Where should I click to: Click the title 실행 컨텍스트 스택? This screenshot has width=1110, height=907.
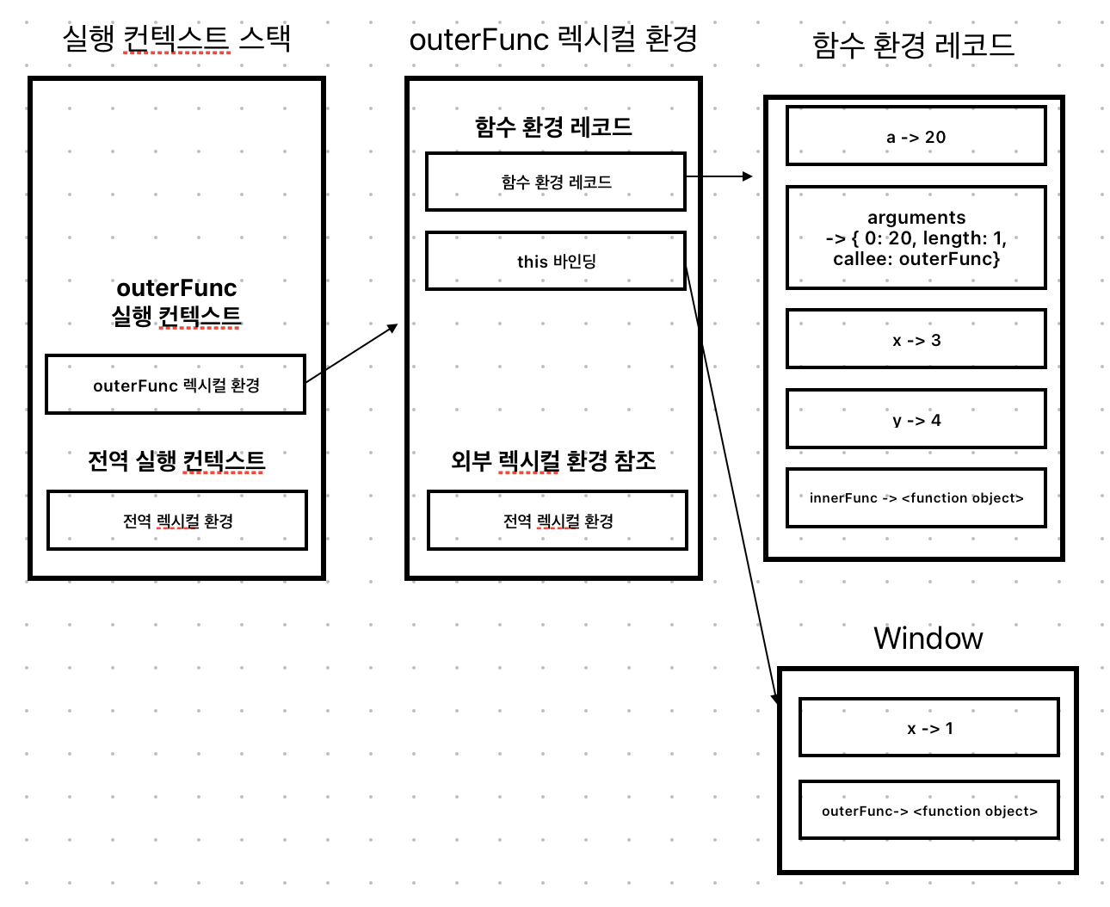point(176,39)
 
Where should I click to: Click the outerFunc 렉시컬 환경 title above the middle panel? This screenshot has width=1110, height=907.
point(553,39)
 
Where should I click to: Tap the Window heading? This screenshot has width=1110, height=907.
point(928,638)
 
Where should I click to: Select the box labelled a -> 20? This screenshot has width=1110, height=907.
point(916,136)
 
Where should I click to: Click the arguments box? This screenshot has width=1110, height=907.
point(916,238)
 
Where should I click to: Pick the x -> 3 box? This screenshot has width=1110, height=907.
point(916,339)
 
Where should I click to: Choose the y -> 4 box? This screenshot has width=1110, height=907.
point(916,419)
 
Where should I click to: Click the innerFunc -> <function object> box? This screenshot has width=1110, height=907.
point(916,497)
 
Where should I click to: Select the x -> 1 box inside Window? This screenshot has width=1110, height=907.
point(928,728)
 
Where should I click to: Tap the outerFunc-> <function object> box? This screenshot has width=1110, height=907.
point(928,810)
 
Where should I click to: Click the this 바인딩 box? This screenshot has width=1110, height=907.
point(556,261)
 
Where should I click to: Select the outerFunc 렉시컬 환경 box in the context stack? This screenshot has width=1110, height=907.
point(176,385)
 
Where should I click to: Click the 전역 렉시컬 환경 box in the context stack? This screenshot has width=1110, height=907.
point(177,520)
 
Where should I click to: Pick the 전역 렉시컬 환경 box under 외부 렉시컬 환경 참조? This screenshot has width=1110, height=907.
point(558,520)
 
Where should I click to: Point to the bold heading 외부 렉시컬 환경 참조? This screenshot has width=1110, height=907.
point(553,460)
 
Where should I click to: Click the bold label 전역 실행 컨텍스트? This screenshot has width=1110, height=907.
point(176,460)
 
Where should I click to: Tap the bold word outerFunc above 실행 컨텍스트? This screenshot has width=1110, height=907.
point(176,287)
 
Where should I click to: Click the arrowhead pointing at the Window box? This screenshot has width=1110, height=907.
point(775,699)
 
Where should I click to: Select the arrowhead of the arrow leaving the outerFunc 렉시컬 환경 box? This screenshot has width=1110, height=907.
point(394,327)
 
